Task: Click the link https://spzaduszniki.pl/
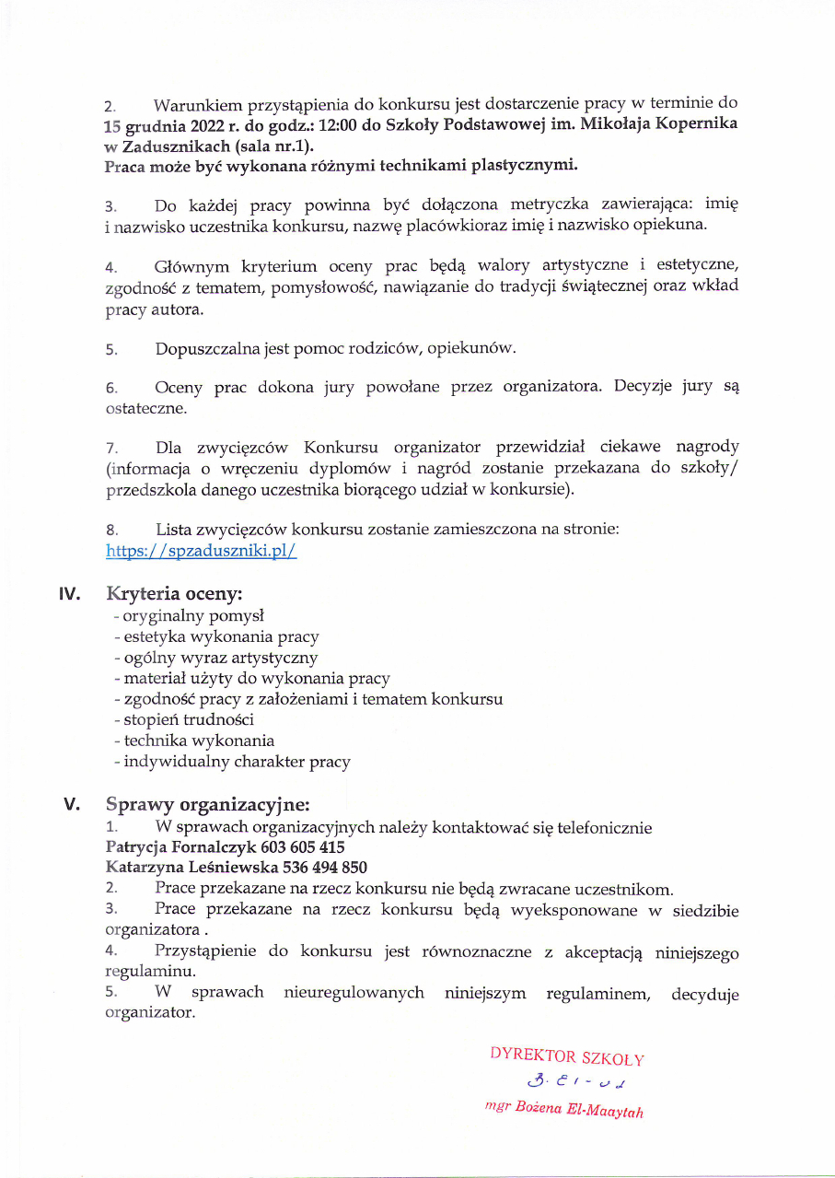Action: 201,552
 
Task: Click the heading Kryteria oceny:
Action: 174,594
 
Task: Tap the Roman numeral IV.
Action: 70,594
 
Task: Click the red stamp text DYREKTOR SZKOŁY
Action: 567,1058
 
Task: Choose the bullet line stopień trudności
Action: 183,719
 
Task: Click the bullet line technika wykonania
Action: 193,741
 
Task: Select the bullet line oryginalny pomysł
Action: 188,615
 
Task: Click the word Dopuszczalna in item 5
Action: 207,349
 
